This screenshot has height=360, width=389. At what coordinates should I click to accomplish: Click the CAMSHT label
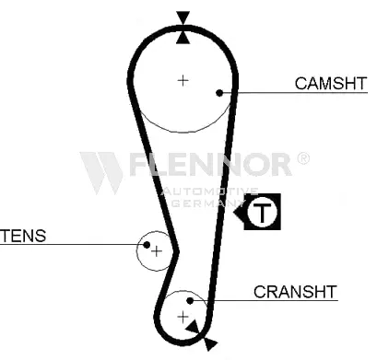point(331,83)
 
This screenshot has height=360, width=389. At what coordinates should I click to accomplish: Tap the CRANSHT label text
point(295,292)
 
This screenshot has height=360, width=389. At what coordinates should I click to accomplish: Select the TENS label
point(23,236)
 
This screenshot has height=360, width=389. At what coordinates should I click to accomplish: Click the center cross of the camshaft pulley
point(183,80)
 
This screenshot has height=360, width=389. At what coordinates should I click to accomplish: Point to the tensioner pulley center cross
point(157,251)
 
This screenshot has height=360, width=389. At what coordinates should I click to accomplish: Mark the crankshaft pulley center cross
point(183,317)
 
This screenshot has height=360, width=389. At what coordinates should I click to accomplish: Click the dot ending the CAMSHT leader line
point(219,92)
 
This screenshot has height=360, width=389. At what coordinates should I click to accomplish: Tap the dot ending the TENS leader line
point(147,245)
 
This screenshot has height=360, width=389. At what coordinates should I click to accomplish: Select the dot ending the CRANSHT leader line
point(190,301)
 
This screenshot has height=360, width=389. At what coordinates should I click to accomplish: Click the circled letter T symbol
point(262,212)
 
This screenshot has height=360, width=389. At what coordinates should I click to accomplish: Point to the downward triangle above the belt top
point(183,17)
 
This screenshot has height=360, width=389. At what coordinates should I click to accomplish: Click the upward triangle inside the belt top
point(183,38)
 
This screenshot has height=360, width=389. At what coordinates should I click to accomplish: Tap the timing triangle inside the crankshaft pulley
point(193,327)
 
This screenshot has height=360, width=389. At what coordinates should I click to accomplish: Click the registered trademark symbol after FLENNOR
point(303,158)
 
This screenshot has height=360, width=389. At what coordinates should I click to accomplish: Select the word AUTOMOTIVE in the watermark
point(209,192)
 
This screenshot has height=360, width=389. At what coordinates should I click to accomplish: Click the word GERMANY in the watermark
point(207,203)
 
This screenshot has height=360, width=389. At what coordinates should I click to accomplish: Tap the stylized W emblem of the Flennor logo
point(100,172)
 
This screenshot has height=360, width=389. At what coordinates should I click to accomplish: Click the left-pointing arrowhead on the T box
point(239,212)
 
